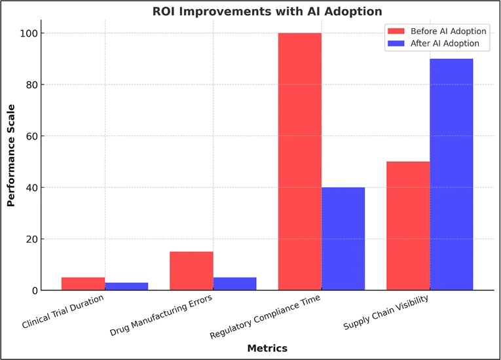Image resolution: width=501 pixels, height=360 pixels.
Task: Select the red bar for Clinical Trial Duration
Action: point(83,284)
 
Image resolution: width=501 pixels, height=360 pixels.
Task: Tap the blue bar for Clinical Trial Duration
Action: point(126,287)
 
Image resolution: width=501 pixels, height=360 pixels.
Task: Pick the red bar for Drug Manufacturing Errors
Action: point(191,271)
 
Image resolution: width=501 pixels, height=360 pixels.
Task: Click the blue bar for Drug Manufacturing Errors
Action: point(234,284)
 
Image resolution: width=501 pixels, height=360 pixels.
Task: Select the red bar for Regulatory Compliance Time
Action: point(299,162)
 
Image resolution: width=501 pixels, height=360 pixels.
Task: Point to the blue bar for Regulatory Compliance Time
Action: point(343,239)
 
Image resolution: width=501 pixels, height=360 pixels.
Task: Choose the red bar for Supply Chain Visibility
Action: point(408,226)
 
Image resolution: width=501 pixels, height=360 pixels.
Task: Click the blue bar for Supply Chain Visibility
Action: point(451,175)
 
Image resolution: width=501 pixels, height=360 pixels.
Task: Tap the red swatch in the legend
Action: point(397,31)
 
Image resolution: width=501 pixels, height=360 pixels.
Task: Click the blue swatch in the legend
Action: point(397,44)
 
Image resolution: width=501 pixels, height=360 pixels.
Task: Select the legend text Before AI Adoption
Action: point(448,31)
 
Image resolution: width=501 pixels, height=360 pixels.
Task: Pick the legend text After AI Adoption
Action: point(445,44)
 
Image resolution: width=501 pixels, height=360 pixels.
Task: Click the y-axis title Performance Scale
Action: point(10,162)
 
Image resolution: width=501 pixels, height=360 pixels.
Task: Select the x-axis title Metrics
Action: point(267,348)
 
